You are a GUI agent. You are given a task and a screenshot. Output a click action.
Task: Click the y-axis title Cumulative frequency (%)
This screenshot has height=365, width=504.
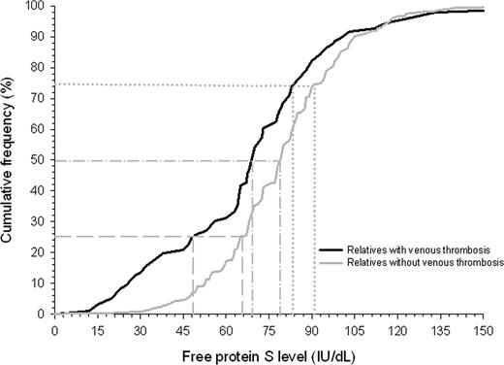(x=12, y=160)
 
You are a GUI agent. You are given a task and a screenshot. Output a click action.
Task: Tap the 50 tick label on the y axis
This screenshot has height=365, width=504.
(x=39, y=160)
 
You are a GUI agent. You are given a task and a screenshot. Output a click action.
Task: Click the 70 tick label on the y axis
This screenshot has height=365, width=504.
(x=39, y=98)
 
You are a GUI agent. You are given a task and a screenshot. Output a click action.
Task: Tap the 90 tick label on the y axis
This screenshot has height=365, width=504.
(x=39, y=37)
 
